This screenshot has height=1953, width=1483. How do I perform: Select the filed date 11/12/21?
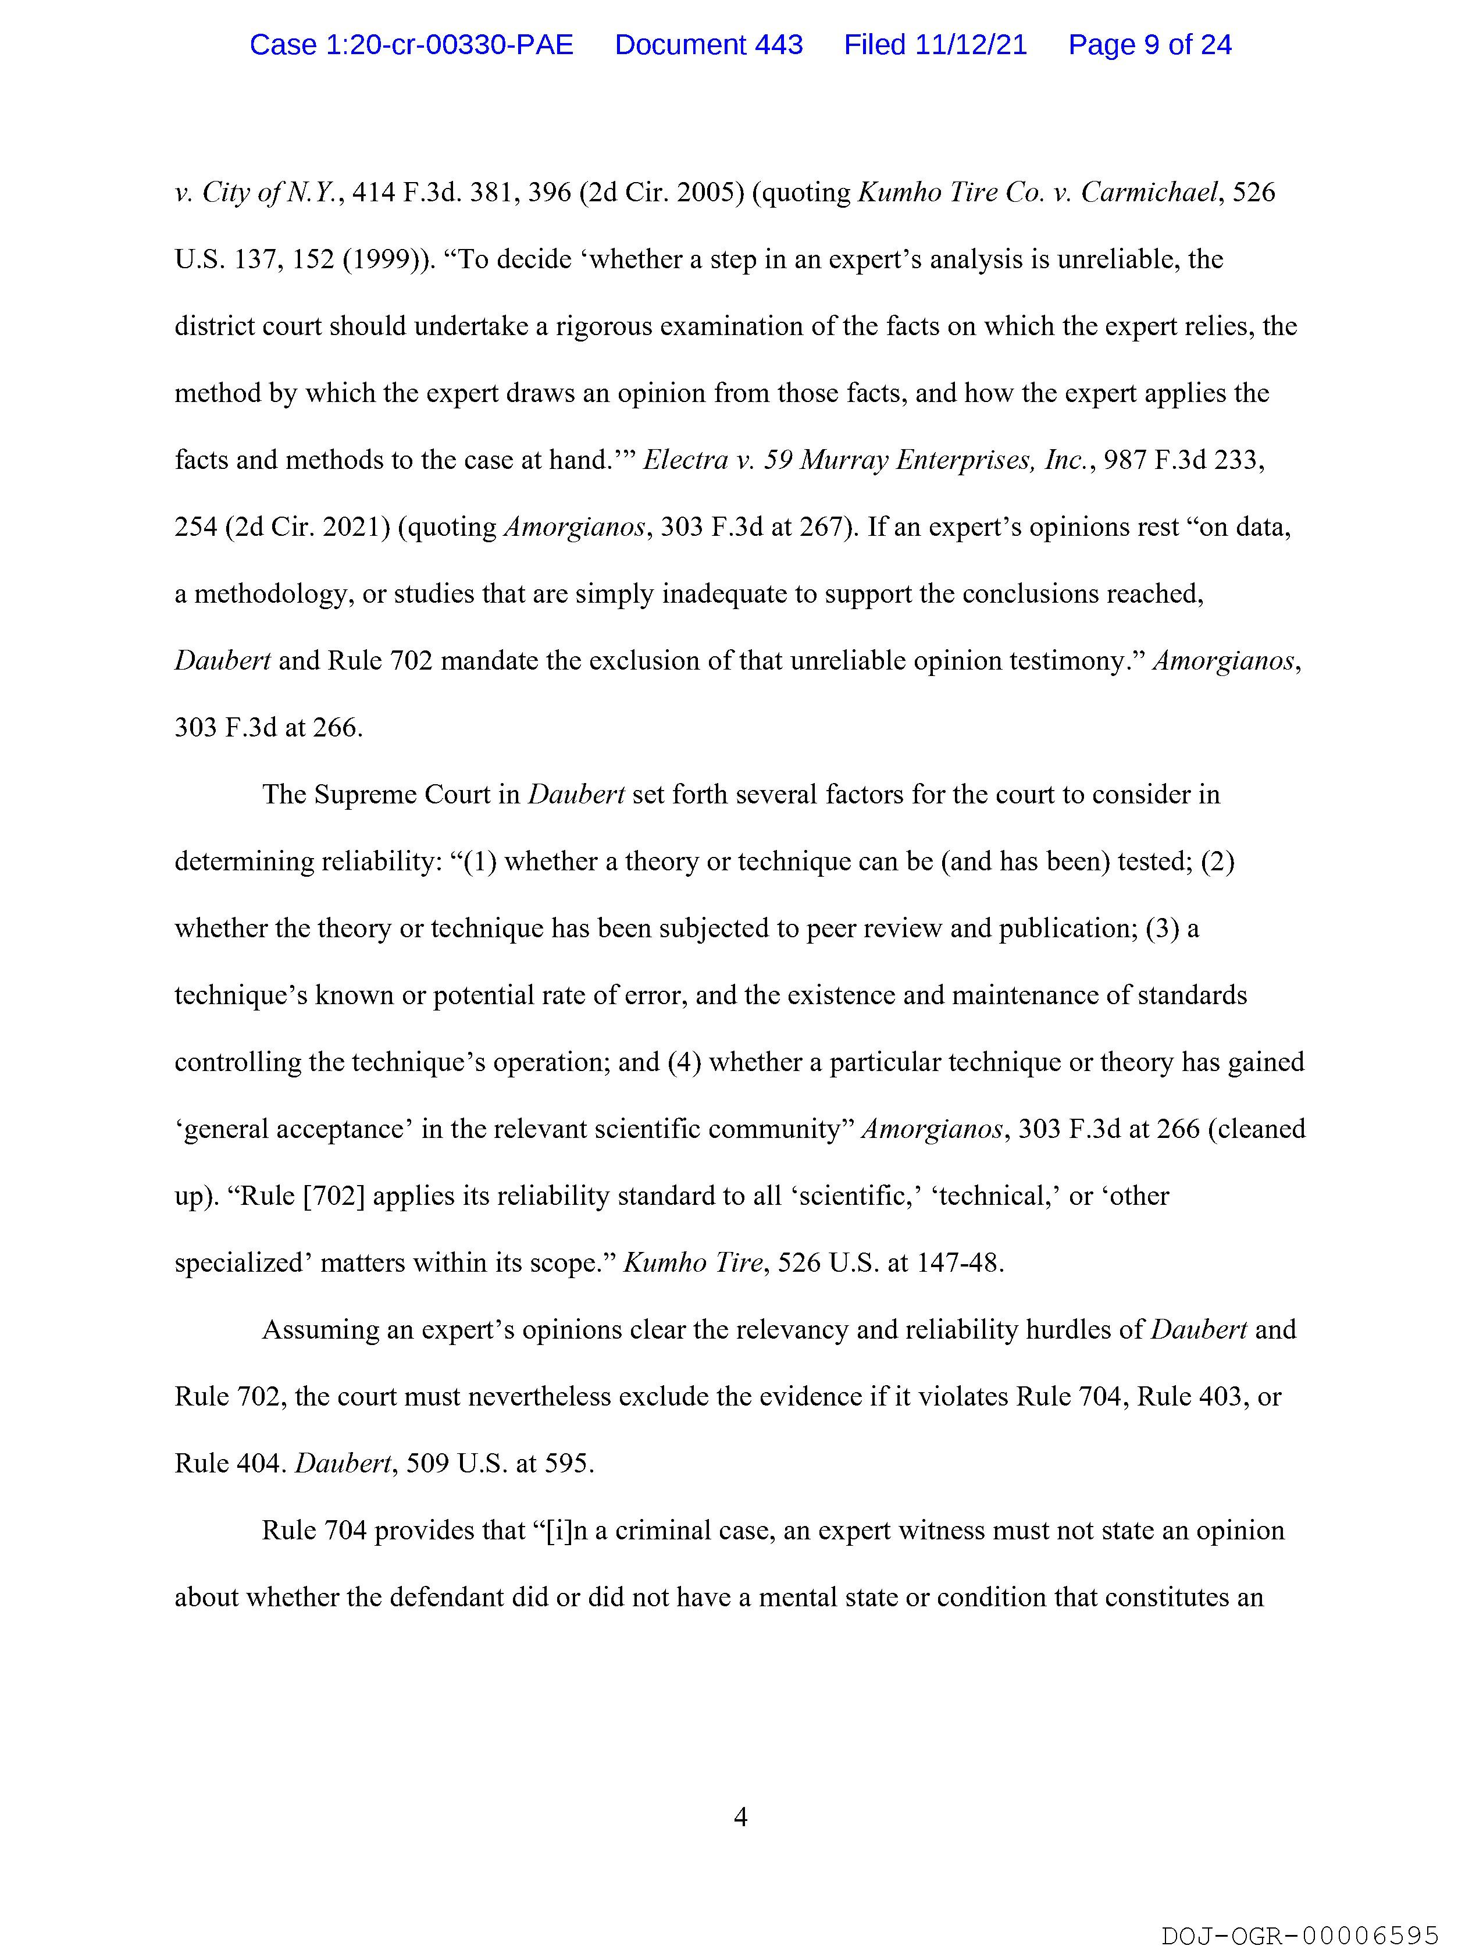pyautogui.click(x=971, y=45)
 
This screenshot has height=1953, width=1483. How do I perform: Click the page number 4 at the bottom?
pyautogui.click(x=740, y=1816)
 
